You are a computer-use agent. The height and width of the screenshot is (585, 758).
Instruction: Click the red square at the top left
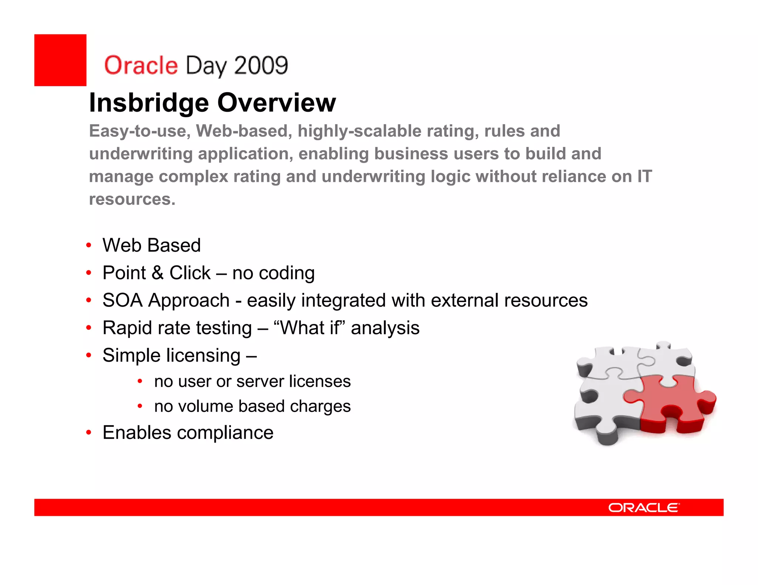click(60, 60)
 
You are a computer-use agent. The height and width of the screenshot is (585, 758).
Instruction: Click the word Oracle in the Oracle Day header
click(141, 65)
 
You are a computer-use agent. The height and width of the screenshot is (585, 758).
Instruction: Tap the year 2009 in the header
click(261, 65)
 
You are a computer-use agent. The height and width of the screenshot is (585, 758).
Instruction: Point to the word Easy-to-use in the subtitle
click(140, 131)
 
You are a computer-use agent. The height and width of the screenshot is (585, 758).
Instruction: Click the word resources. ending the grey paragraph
click(132, 199)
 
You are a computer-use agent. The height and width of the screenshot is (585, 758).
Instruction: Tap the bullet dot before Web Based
click(88, 245)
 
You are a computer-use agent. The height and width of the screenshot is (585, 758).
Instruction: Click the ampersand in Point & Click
click(157, 273)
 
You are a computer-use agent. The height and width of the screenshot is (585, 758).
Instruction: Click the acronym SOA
click(123, 300)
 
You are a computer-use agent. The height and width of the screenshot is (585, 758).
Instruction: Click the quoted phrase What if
click(309, 328)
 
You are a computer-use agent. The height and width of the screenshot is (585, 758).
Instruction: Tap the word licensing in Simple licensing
click(203, 356)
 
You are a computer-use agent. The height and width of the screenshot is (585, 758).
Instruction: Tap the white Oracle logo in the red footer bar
click(644, 508)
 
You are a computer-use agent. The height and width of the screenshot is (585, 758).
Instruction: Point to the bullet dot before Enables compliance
click(88, 433)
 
